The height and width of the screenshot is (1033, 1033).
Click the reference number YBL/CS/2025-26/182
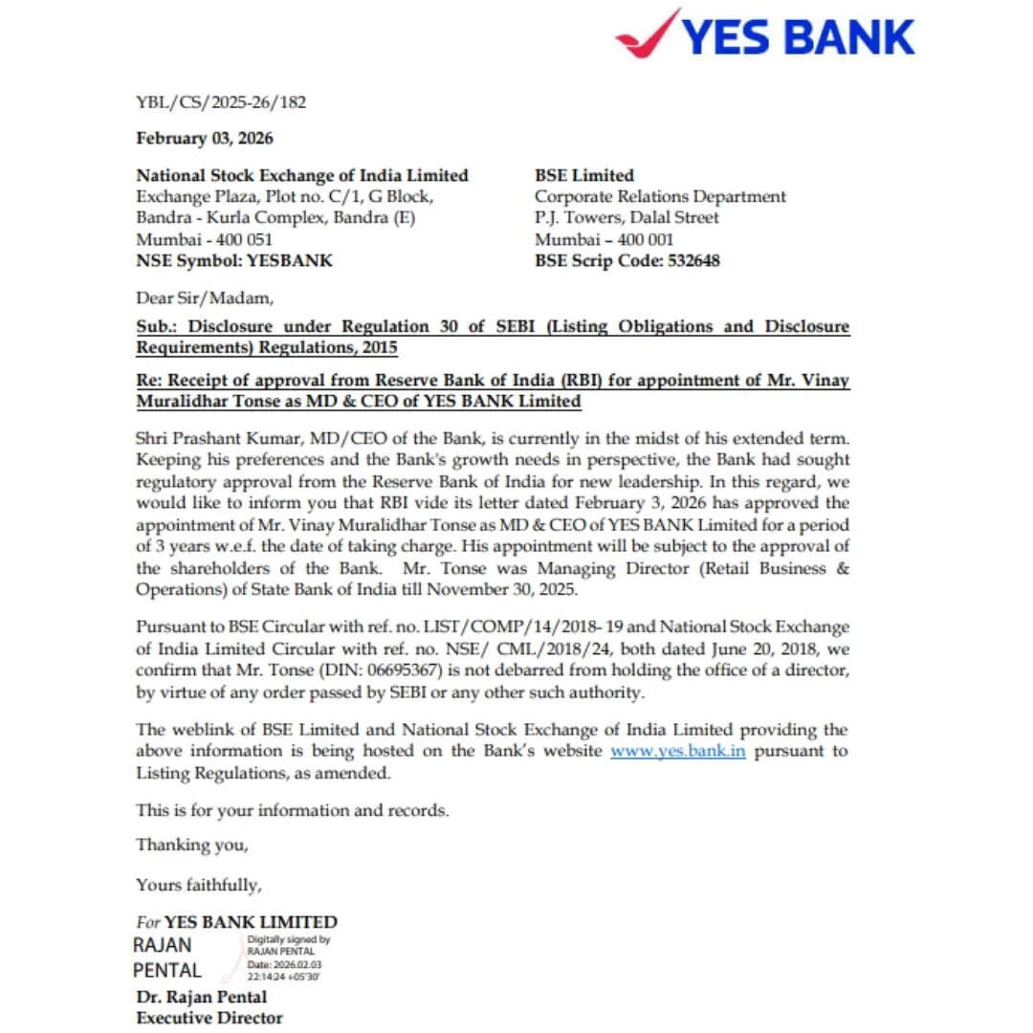221,102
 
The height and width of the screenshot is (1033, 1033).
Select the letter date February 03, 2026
205,139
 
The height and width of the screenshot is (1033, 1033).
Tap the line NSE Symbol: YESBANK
234,260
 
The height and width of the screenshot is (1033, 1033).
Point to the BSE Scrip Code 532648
685,260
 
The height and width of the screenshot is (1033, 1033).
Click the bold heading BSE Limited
583,175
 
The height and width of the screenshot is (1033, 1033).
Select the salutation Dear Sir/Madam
204,297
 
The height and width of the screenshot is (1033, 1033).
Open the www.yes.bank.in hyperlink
677,751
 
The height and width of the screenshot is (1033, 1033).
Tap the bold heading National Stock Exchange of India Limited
302,175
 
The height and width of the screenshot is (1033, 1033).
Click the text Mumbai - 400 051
204,239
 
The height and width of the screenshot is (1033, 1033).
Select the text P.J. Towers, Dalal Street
626,218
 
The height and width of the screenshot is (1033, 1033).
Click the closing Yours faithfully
198,885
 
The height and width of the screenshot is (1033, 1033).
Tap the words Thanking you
192,845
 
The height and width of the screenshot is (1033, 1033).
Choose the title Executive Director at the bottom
209,1018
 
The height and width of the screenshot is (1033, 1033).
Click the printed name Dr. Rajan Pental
201,998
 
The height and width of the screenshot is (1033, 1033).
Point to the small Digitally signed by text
289,940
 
